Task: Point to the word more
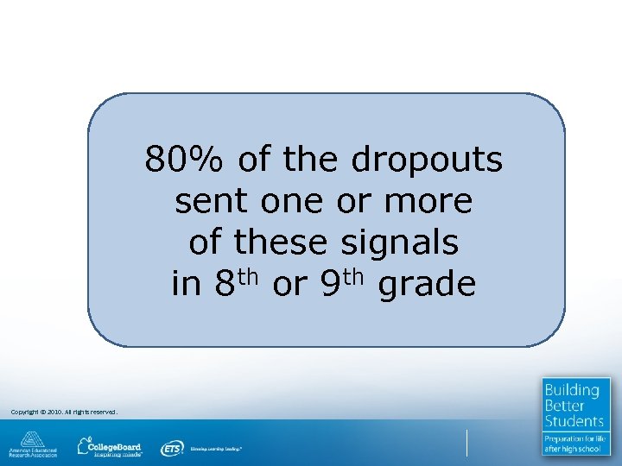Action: [x=430, y=202]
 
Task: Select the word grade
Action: [x=428, y=285]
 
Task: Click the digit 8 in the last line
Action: [x=224, y=285]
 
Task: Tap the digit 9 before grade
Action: [x=330, y=285]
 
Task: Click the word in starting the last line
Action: [x=186, y=284]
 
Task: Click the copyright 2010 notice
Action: [x=63, y=412]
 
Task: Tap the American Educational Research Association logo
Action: [x=33, y=444]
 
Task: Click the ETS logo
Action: [x=172, y=448]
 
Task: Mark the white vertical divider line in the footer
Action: [x=466, y=443]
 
